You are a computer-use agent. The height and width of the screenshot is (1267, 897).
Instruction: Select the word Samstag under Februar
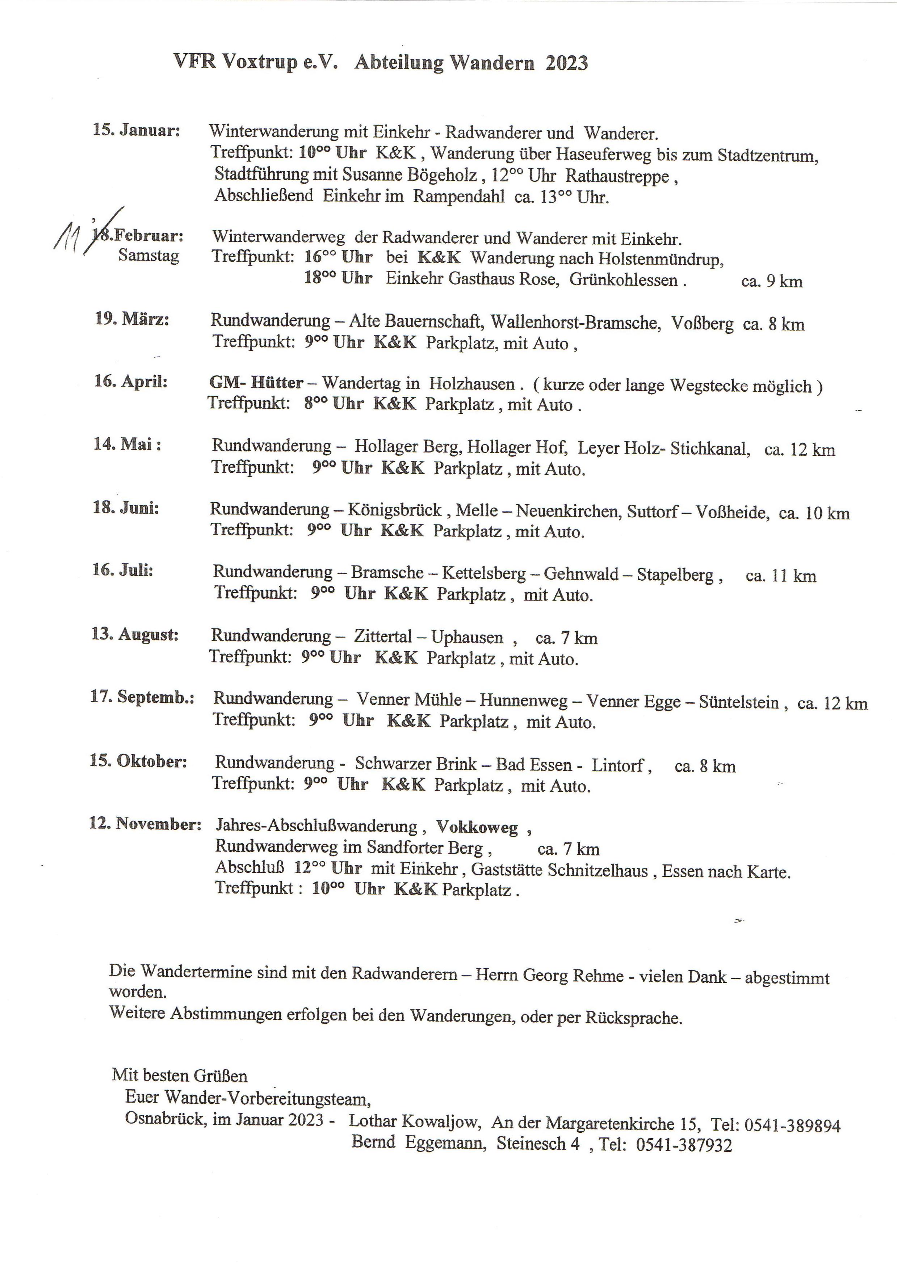click(x=148, y=256)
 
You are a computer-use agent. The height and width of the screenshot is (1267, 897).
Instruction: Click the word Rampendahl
click(x=458, y=197)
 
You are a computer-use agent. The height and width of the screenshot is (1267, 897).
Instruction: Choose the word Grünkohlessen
click(x=624, y=279)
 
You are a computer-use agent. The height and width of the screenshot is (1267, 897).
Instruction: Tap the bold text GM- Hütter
click(x=256, y=383)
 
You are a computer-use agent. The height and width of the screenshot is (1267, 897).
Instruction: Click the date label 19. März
click(x=132, y=319)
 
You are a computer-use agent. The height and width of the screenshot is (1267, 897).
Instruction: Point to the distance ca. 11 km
click(x=780, y=576)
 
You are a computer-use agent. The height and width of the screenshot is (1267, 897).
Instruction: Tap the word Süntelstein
click(x=739, y=702)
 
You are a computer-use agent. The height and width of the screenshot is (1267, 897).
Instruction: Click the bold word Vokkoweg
click(x=477, y=827)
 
